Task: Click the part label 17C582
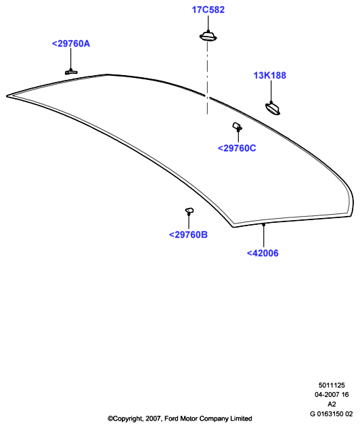point(208,10)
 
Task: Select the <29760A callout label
point(71,43)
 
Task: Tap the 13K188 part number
point(270,76)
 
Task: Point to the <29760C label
point(237,148)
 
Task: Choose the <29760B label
point(188,235)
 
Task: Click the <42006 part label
point(263,253)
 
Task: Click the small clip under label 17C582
point(208,37)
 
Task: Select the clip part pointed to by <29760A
point(71,72)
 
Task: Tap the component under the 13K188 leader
point(273,108)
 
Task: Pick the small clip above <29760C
point(237,127)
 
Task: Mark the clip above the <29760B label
point(189,211)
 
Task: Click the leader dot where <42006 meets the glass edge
point(263,225)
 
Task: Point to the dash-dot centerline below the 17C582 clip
point(207,79)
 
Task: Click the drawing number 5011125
point(332,385)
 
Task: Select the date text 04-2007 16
point(332,395)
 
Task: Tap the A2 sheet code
point(332,404)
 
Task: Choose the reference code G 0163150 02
point(332,414)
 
